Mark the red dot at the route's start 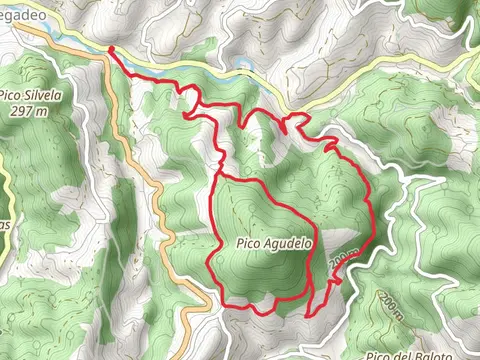[x=109, y=49]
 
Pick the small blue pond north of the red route [x=243, y=64]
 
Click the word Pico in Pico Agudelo [x=250, y=243]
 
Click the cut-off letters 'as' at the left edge [x=4, y=226]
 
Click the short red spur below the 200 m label [x=335, y=281]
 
